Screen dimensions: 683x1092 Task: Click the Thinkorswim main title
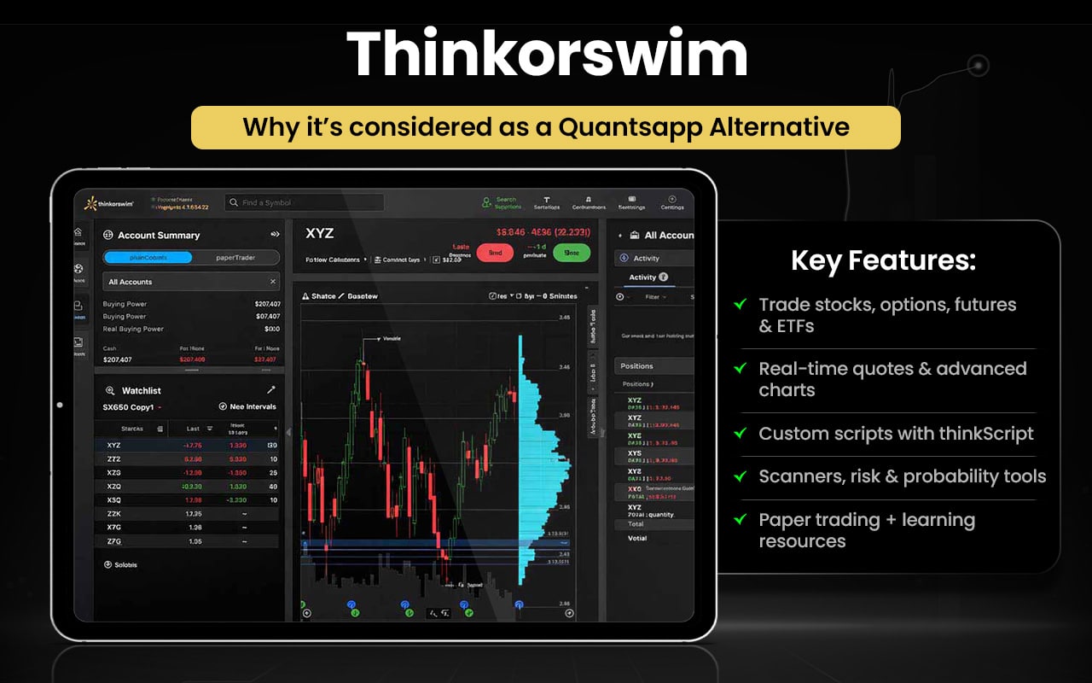pyautogui.click(x=547, y=53)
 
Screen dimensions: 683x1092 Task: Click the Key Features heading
pyautogui.click(x=883, y=260)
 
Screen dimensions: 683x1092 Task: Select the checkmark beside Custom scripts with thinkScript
pyautogui.click(x=740, y=433)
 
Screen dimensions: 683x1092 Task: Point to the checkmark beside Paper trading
pyautogui.click(x=740, y=519)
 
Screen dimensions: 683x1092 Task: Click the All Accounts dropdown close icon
pyautogui.click(x=273, y=282)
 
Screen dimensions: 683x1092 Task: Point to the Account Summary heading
pyautogui.click(x=158, y=235)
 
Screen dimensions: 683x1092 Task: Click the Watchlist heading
pyautogui.click(x=141, y=390)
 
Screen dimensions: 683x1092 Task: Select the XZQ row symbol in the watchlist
pyautogui.click(x=114, y=486)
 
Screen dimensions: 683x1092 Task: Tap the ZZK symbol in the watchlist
pyautogui.click(x=114, y=513)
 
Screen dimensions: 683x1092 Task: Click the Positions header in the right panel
pyautogui.click(x=636, y=365)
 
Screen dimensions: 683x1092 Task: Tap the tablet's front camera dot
pyautogui.click(x=60, y=405)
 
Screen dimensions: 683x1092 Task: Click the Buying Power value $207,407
pyautogui.click(x=267, y=304)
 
